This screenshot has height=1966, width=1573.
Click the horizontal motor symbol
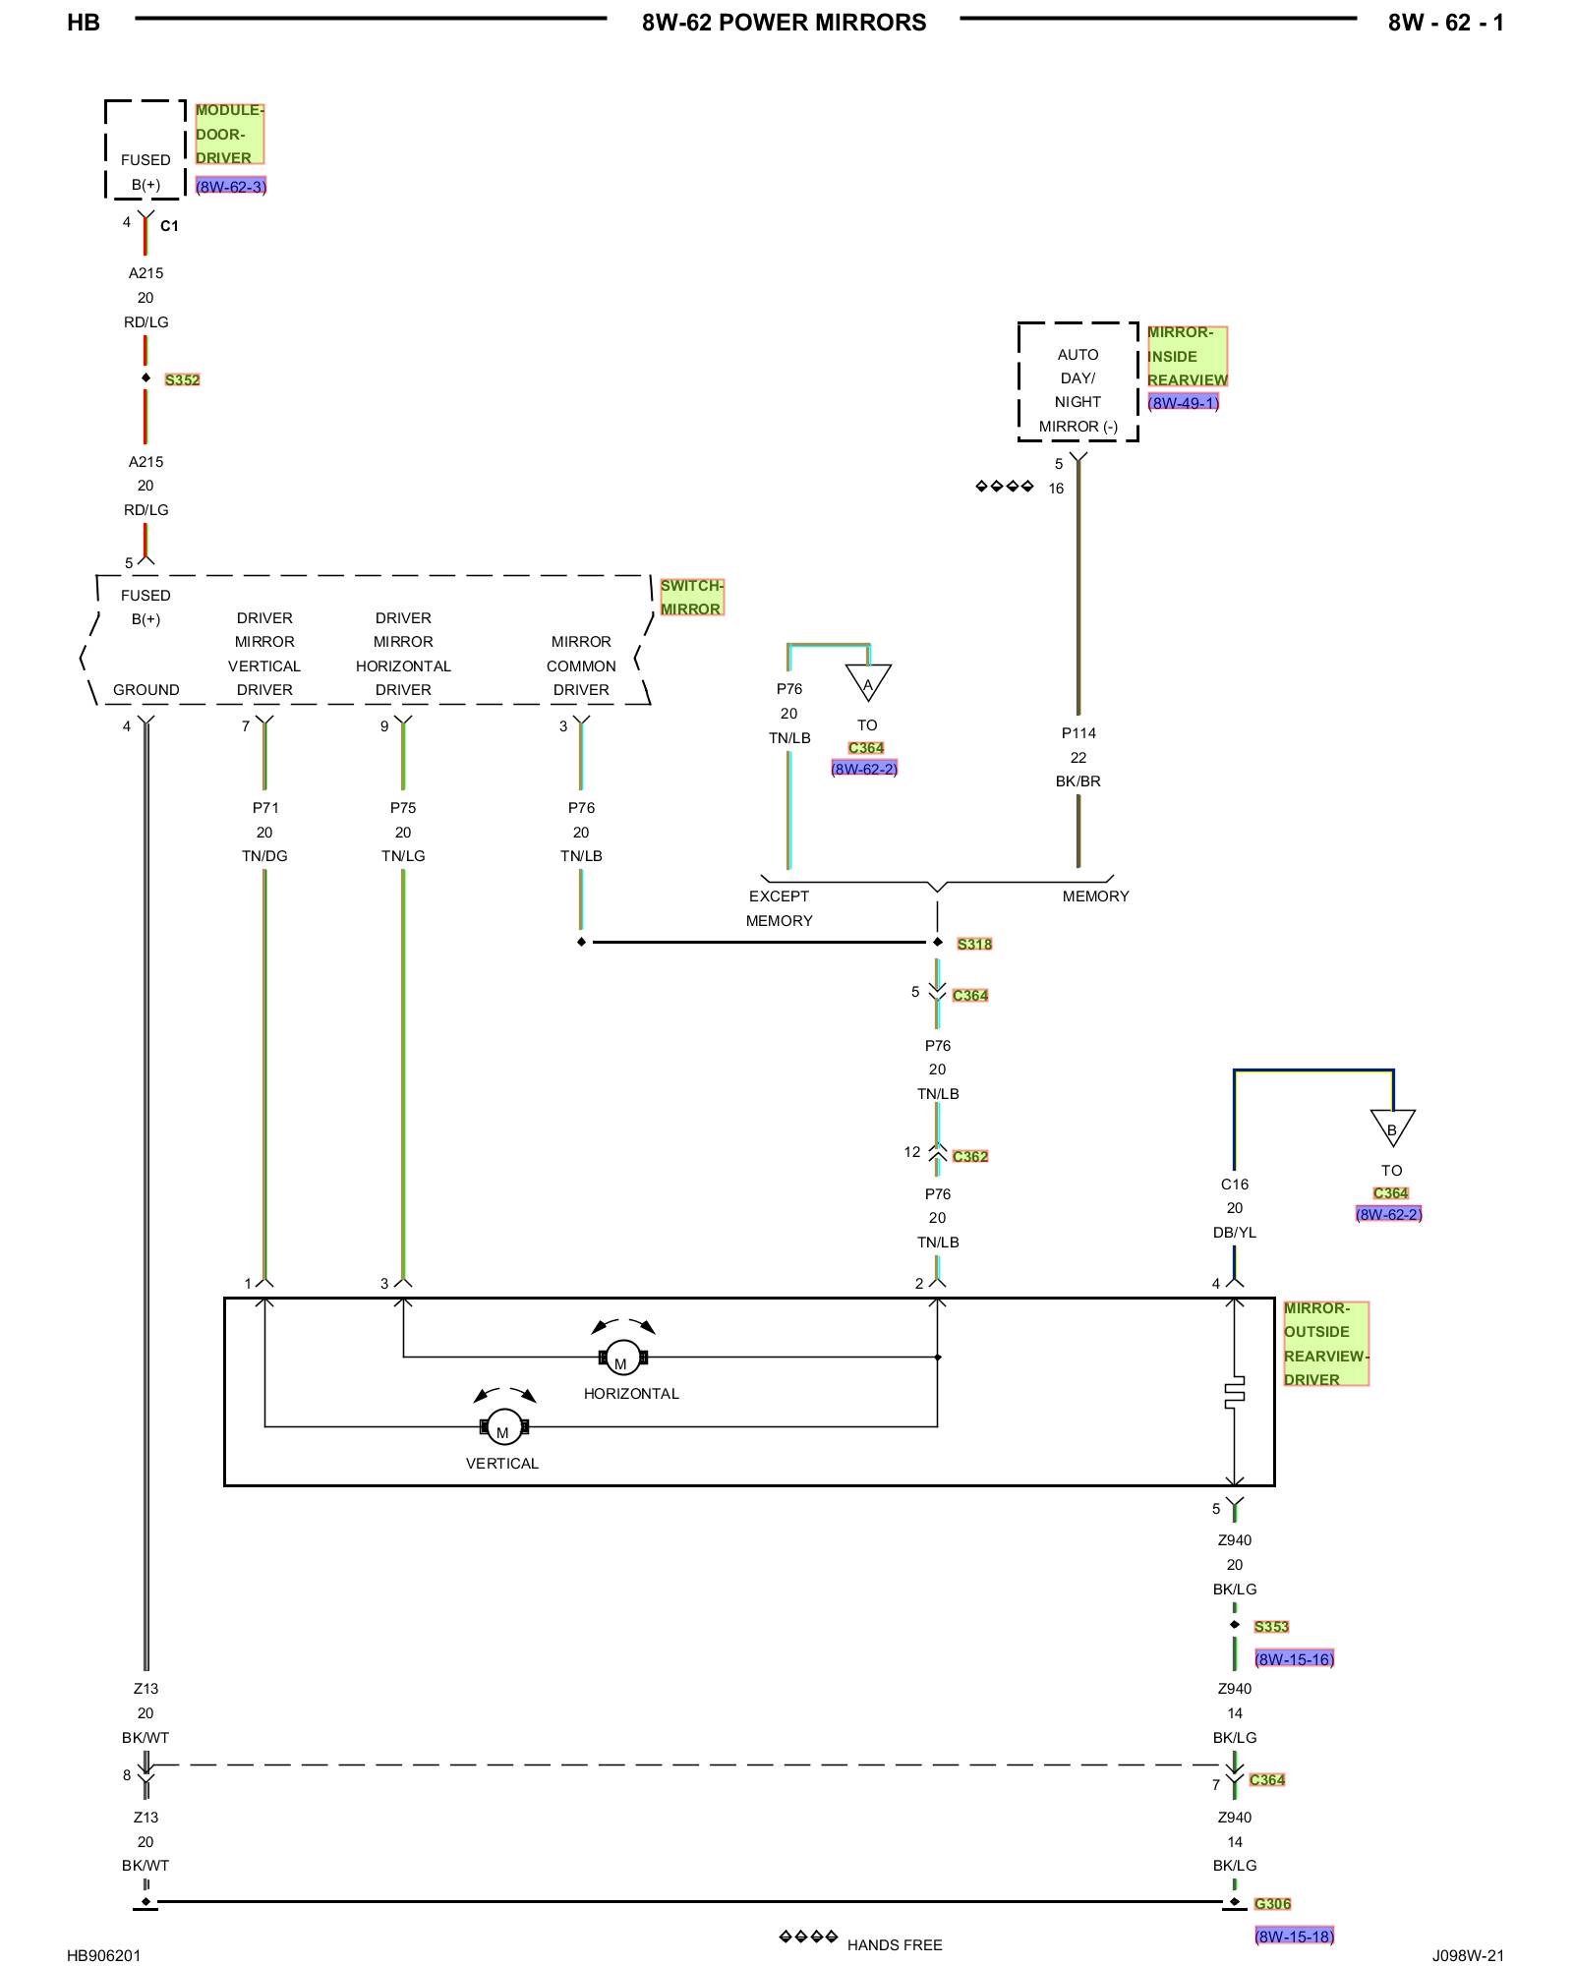pyautogui.click(x=622, y=1358)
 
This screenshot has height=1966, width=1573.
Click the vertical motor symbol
pyautogui.click(x=504, y=1427)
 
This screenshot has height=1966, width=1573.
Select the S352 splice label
pyautogui.click(x=182, y=380)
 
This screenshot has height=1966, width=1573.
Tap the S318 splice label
pyautogui.click(x=974, y=945)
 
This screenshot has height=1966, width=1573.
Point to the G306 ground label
pyautogui.click(x=1272, y=1904)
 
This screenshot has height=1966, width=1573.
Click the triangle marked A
pyautogui.click(x=868, y=682)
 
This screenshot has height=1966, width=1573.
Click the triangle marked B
pyautogui.click(x=1392, y=1128)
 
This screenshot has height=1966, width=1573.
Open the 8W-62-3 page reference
pyautogui.click(x=231, y=187)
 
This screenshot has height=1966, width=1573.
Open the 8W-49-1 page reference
pyautogui.click(x=1184, y=403)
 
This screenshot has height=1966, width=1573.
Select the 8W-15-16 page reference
pyautogui.click(x=1294, y=1659)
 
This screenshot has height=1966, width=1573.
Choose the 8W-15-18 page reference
pyautogui.click(x=1294, y=1937)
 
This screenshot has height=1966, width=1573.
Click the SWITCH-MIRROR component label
pyautogui.click(x=691, y=598)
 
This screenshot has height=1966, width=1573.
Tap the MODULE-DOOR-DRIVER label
pyautogui.click(x=229, y=134)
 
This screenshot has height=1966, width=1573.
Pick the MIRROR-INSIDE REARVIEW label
pyautogui.click(x=1188, y=357)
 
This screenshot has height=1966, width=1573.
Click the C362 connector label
pyautogui.click(x=970, y=1157)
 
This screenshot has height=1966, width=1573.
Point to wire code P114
pyautogui.click(x=1078, y=733)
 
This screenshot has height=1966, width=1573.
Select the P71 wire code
pyautogui.click(x=265, y=808)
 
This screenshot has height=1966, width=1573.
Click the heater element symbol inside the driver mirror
pyautogui.click(x=1235, y=1393)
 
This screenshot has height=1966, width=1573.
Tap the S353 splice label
pyautogui.click(x=1271, y=1627)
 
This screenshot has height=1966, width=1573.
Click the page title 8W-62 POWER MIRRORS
pyautogui.click(x=784, y=23)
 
